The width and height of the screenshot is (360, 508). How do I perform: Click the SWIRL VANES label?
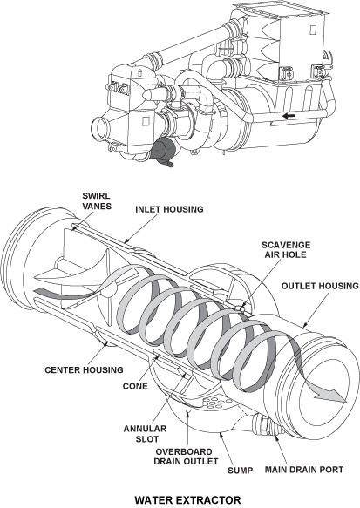[97, 201]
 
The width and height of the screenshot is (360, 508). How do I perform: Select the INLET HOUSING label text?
[169, 209]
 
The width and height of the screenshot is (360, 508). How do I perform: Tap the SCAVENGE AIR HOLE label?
[286, 250]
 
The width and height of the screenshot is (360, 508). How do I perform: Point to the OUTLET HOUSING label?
[320, 286]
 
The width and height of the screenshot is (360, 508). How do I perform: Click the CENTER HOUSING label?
[84, 369]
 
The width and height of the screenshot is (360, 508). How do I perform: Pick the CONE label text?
[135, 386]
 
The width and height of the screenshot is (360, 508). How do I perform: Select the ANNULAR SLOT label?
[145, 434]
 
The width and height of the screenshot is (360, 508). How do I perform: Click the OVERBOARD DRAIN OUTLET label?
[186, 457]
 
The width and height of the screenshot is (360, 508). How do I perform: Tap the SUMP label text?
[240, 470]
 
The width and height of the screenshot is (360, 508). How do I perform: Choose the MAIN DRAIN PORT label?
[304, 470]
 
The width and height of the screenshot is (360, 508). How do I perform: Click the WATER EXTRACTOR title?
[187, 500]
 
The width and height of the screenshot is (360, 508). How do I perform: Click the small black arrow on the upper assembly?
[289, 115]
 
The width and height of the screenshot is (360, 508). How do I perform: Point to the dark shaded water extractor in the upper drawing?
[164, 152]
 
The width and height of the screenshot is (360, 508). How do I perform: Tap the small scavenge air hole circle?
[242, 308]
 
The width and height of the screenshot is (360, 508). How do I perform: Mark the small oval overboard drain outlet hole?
[187, 411]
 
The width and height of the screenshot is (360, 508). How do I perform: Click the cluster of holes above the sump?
[216, 402]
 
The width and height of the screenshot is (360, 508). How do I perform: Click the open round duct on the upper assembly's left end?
[100, 128]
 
